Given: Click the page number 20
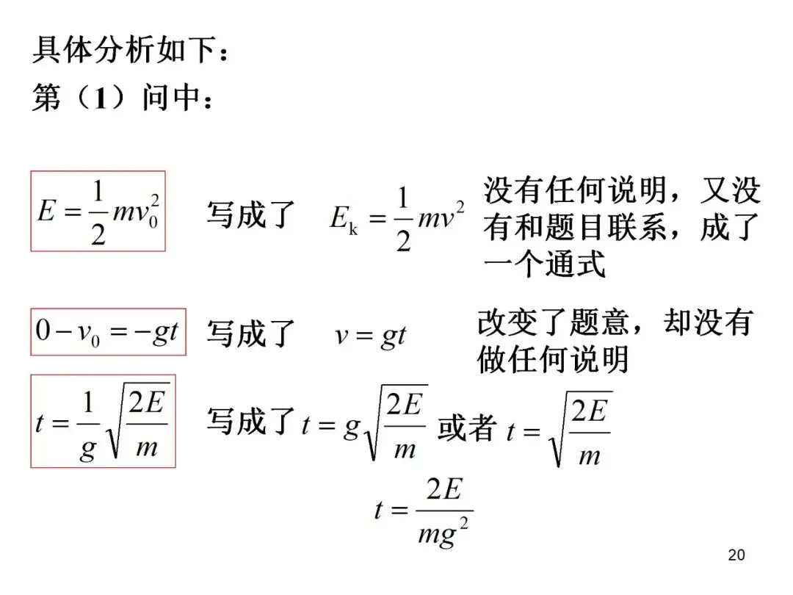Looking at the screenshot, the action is point(736,555).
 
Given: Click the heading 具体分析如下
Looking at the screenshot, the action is point(124,50).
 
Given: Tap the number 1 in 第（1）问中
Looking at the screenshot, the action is point(100,97).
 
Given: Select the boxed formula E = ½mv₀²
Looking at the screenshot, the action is point(98,211).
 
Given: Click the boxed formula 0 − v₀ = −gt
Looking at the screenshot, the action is point(108,332).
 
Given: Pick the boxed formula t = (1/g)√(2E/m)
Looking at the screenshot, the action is point(104,421).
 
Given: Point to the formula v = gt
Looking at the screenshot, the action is point(371,336).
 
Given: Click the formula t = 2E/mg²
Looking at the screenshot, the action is point(423,512).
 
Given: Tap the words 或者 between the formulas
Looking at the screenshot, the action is point(466,428).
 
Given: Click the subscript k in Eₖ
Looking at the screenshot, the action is point(353,229).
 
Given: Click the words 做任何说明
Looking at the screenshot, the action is point(553,358).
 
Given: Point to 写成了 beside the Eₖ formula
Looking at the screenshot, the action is point(250,214).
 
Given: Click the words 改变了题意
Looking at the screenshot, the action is point(553,322).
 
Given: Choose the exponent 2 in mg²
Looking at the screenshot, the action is point(463,524).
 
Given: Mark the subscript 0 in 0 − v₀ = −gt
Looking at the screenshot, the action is point(95,341).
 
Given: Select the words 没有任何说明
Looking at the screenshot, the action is point(574,190).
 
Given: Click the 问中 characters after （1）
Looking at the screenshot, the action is point(170,97).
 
